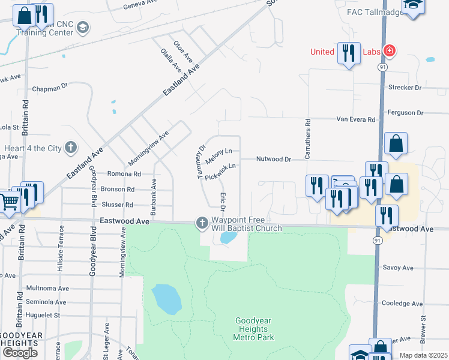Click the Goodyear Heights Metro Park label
point(253,329)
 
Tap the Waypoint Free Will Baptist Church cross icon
point(202,223)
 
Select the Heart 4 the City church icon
point(71,148)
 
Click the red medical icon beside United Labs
point(389,52)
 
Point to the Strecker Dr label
point(405,88)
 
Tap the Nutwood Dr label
point(273,160)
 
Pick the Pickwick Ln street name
point(220,173)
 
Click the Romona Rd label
point(124,174)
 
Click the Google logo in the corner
point(20,353)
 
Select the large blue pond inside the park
point(166,300)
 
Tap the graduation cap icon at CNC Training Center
point(82,27)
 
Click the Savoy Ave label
point(399,268)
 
